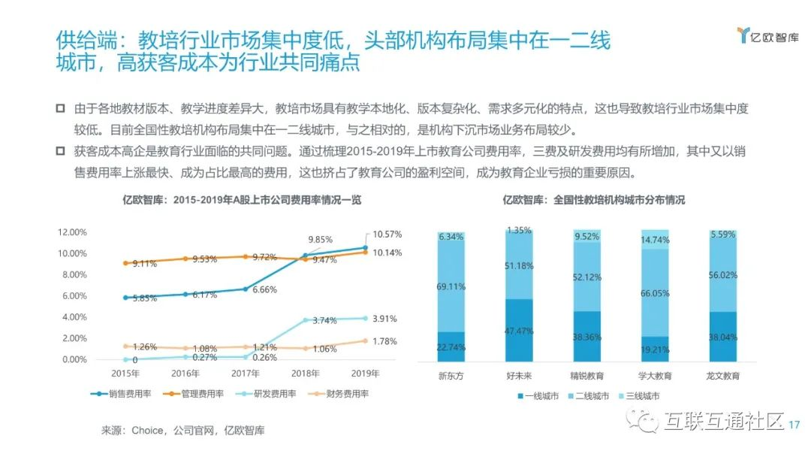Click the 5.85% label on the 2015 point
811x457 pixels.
145,298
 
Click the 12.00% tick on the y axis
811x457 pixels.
73,232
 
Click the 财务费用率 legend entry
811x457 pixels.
342,393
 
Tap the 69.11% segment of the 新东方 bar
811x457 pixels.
451,287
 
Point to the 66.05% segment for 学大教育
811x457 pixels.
655,293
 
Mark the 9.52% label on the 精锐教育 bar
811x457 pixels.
587,236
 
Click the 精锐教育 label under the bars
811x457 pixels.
587,376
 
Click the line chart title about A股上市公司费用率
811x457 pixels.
243,200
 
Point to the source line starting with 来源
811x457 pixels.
183,431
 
